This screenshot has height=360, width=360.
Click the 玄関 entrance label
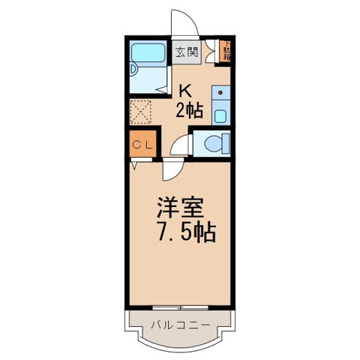pyautogui.click(x=187, y=52)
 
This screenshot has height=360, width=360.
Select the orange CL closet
pyautogui.click(x=142, y=145)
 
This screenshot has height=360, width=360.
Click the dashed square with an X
pyautogui.click(x=141, y=112)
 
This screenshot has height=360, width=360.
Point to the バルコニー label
pyautogui.click(x=179, y=325)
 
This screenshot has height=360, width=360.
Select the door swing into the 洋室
pyautogui.click(x=171, y=170)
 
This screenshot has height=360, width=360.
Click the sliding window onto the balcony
pyautogui.click(x=179, y=308)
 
